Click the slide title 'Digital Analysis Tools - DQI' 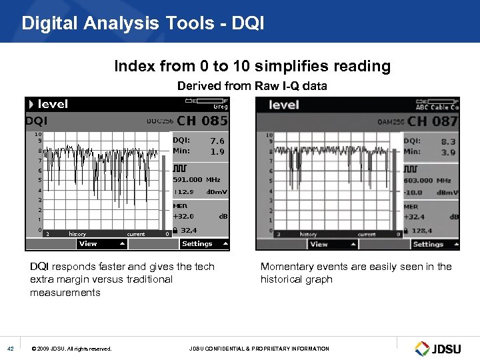143,23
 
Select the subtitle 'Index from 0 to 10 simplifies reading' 252,66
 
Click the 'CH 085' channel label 202,121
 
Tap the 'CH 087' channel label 433,121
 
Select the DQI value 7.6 217,141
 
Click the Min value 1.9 217,151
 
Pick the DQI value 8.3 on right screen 449,141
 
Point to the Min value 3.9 449,153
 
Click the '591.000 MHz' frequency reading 197,179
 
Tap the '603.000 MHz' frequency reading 427,180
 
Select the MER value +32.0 184,216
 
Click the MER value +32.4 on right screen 415,216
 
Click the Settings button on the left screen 197,244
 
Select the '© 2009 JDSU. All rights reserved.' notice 71,349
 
